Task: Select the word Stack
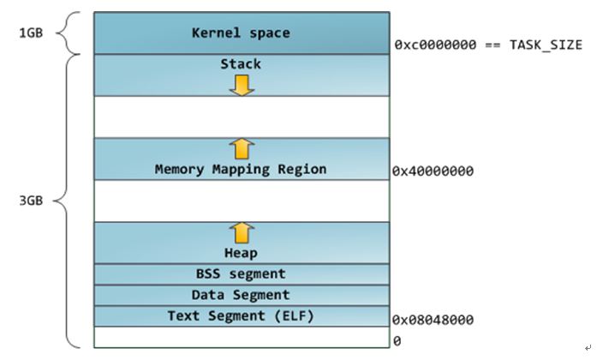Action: [241, 63]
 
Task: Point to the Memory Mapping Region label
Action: [241, 169]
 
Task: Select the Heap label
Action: [241, 253]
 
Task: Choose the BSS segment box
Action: [241, 274]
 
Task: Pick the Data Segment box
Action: [241, 295]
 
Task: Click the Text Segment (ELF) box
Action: [241, 316]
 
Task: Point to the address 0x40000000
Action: [433, 171]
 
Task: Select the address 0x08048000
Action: [433, 320]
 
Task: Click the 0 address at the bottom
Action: [397, 339]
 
